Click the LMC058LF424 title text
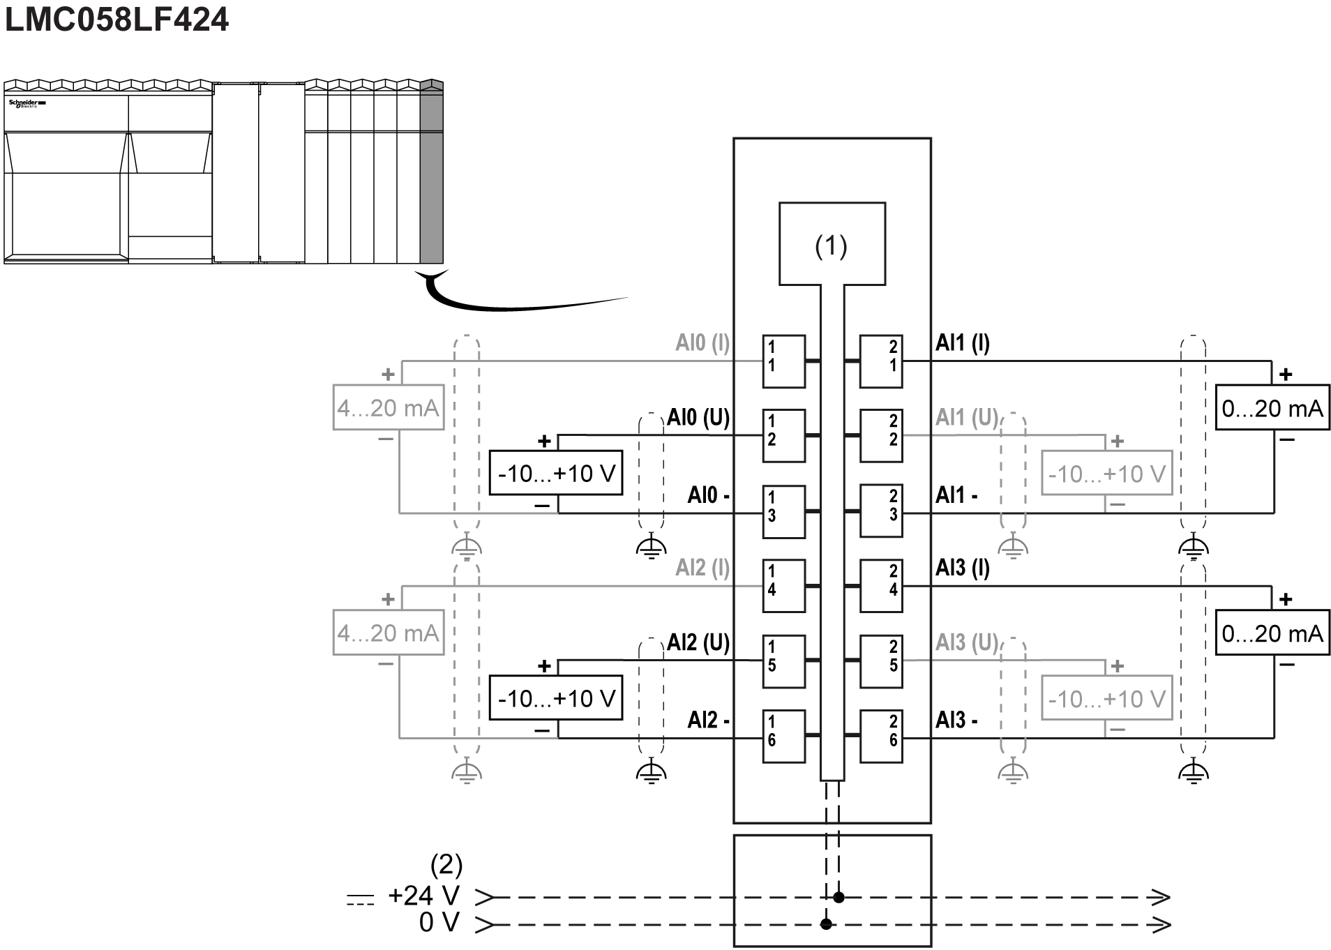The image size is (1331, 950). pyautogui.click(x=116, y=20)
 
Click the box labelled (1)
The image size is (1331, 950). pyautogui.click(x=832, y=244)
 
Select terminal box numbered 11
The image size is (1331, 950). pyautogui.click(x=783, y=361)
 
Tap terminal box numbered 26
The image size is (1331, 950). pyautogui.click(x=881, y=736)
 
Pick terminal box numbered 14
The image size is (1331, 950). pyautogui.click(x=783, y=586)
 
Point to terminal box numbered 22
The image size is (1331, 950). pyautogui.click(x=881, y=436)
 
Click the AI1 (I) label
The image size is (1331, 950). pyautogui.click(x=962, y=342)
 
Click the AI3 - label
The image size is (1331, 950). pyautogui.click(x=956, y=720)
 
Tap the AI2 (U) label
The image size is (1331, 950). pyautogui.click(x=698, y=642)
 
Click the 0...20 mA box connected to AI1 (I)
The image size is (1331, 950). pyautogui.click(x=1272, y=407)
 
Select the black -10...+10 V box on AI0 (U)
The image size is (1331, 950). pyautogui.click(x=555, y=474)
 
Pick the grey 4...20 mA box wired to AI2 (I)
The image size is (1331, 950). pyautogui.click(x=388, y=633)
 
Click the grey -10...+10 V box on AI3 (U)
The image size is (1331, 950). pyautogui.click(x=1106, y=698)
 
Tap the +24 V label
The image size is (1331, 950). pyautogui.click(x=423, y=896)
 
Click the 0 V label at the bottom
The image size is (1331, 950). pyautogui.click(x=439, y=923)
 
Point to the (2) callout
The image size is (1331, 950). pyautogui.click(x=446, y=865)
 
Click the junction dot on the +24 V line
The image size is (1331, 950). pyautogui.click(x=839, y=897)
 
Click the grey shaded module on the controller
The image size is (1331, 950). pyautogui.click(x=431, y=174)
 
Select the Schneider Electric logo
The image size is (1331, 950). pyautogui.click(x=27, y=103)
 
